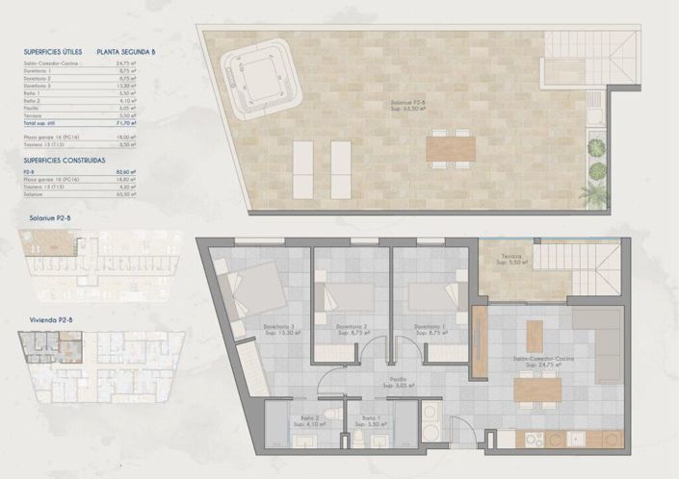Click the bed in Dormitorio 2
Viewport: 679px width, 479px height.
tap(342, 296)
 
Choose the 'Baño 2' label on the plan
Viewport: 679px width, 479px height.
tap(309, 418)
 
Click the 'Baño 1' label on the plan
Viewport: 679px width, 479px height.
tap(370, 418)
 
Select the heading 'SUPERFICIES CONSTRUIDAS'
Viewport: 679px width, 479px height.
tap(64, 160)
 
